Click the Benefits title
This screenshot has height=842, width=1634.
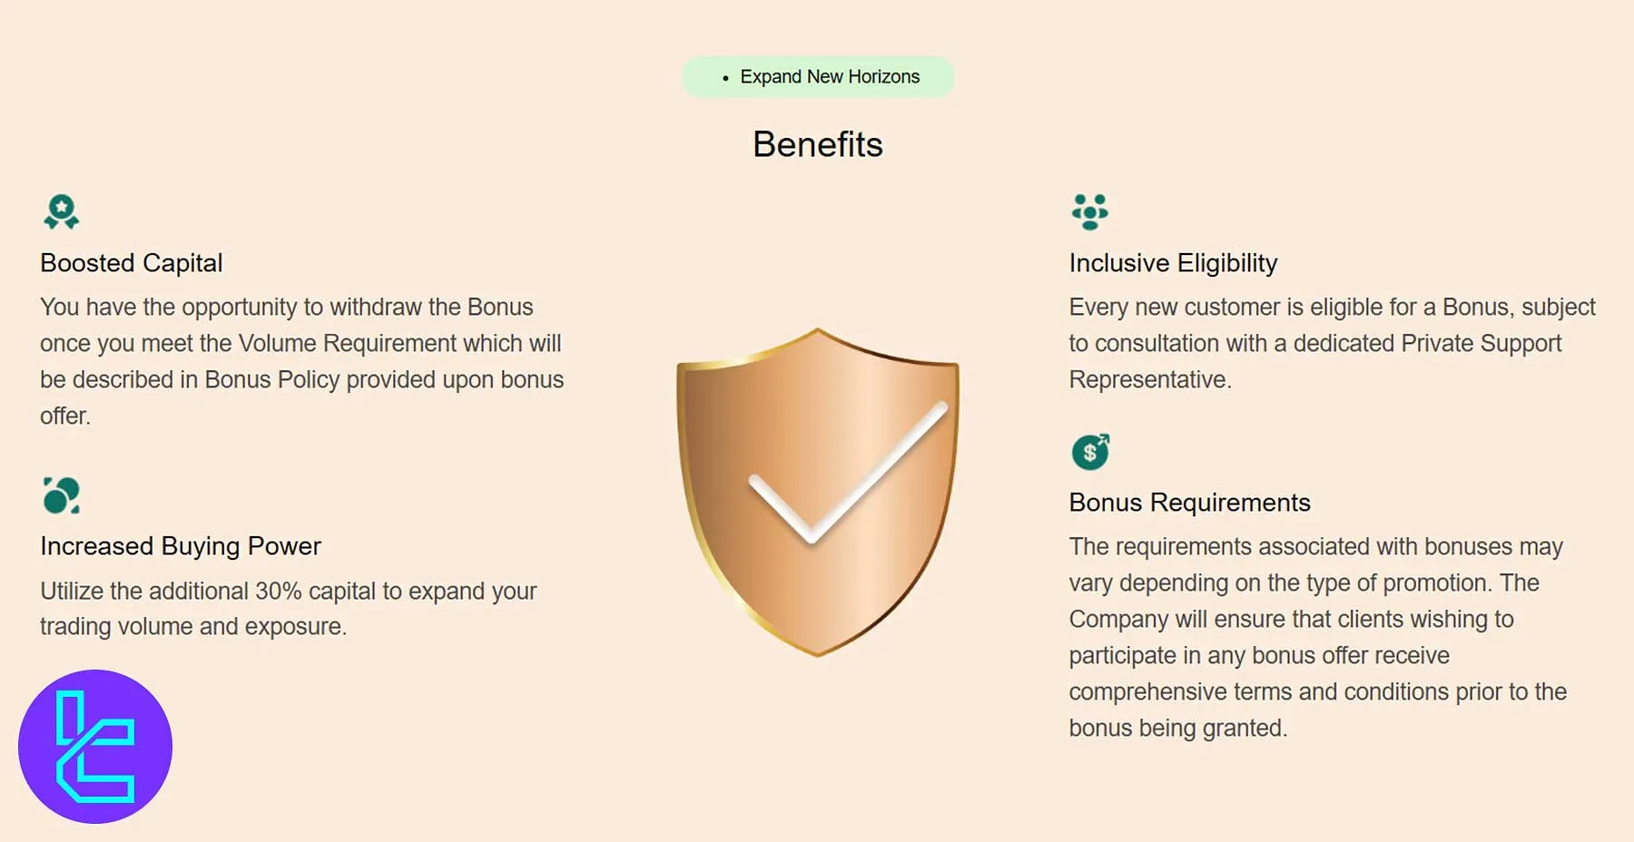[x=817, y=145]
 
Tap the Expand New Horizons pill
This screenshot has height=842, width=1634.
[x=817, y=77]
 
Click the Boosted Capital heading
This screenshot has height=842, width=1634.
[x=132, y=263]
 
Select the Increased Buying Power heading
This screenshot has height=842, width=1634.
[x=181, y=546]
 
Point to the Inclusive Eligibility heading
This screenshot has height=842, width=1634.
[x=1173, y=263]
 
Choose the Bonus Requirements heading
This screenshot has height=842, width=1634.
[x=1189, y=503]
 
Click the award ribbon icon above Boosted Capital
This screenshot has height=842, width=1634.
[x=62, y=212]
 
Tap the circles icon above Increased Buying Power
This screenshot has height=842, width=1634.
[x=62, y=495]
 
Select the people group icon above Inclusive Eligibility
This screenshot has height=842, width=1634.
[x=1089, y=212]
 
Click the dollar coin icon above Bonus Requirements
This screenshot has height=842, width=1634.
[x=1090, y=452]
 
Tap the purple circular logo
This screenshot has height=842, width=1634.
[x=95, y=747]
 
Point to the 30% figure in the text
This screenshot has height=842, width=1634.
[x=278, y=592]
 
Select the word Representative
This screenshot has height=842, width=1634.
[x=1149, y=380]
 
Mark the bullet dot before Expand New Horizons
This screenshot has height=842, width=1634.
[x=725, y=79]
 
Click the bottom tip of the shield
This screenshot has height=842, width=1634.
[x=818, y=653]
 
